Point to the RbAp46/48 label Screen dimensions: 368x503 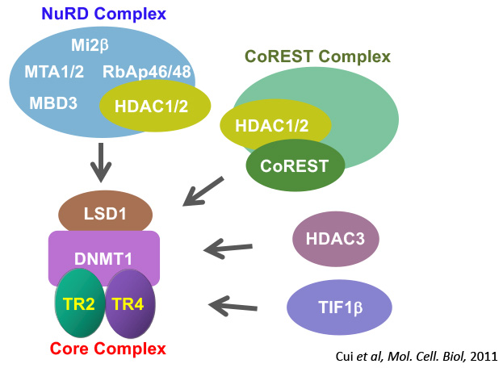[x=147, y=72]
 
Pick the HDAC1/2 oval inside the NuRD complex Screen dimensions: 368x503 [x=155, y=104]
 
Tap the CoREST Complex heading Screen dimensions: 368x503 [x=317, y=57]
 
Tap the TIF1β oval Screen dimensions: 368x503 [x=339, y=307]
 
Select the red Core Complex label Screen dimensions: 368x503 [x=107, y=349]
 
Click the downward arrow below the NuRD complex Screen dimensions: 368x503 [x=101, y=163]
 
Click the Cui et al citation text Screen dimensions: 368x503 [x=415, y=354]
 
